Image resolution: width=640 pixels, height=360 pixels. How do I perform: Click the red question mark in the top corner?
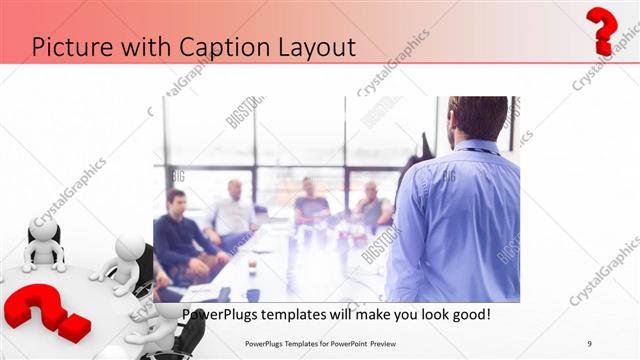coord(601,29)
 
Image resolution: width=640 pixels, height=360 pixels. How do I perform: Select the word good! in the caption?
coord(465,315)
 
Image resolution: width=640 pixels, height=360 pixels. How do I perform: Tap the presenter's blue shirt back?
coord(460,220)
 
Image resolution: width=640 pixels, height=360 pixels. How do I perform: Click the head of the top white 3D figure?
coord(42,229)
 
